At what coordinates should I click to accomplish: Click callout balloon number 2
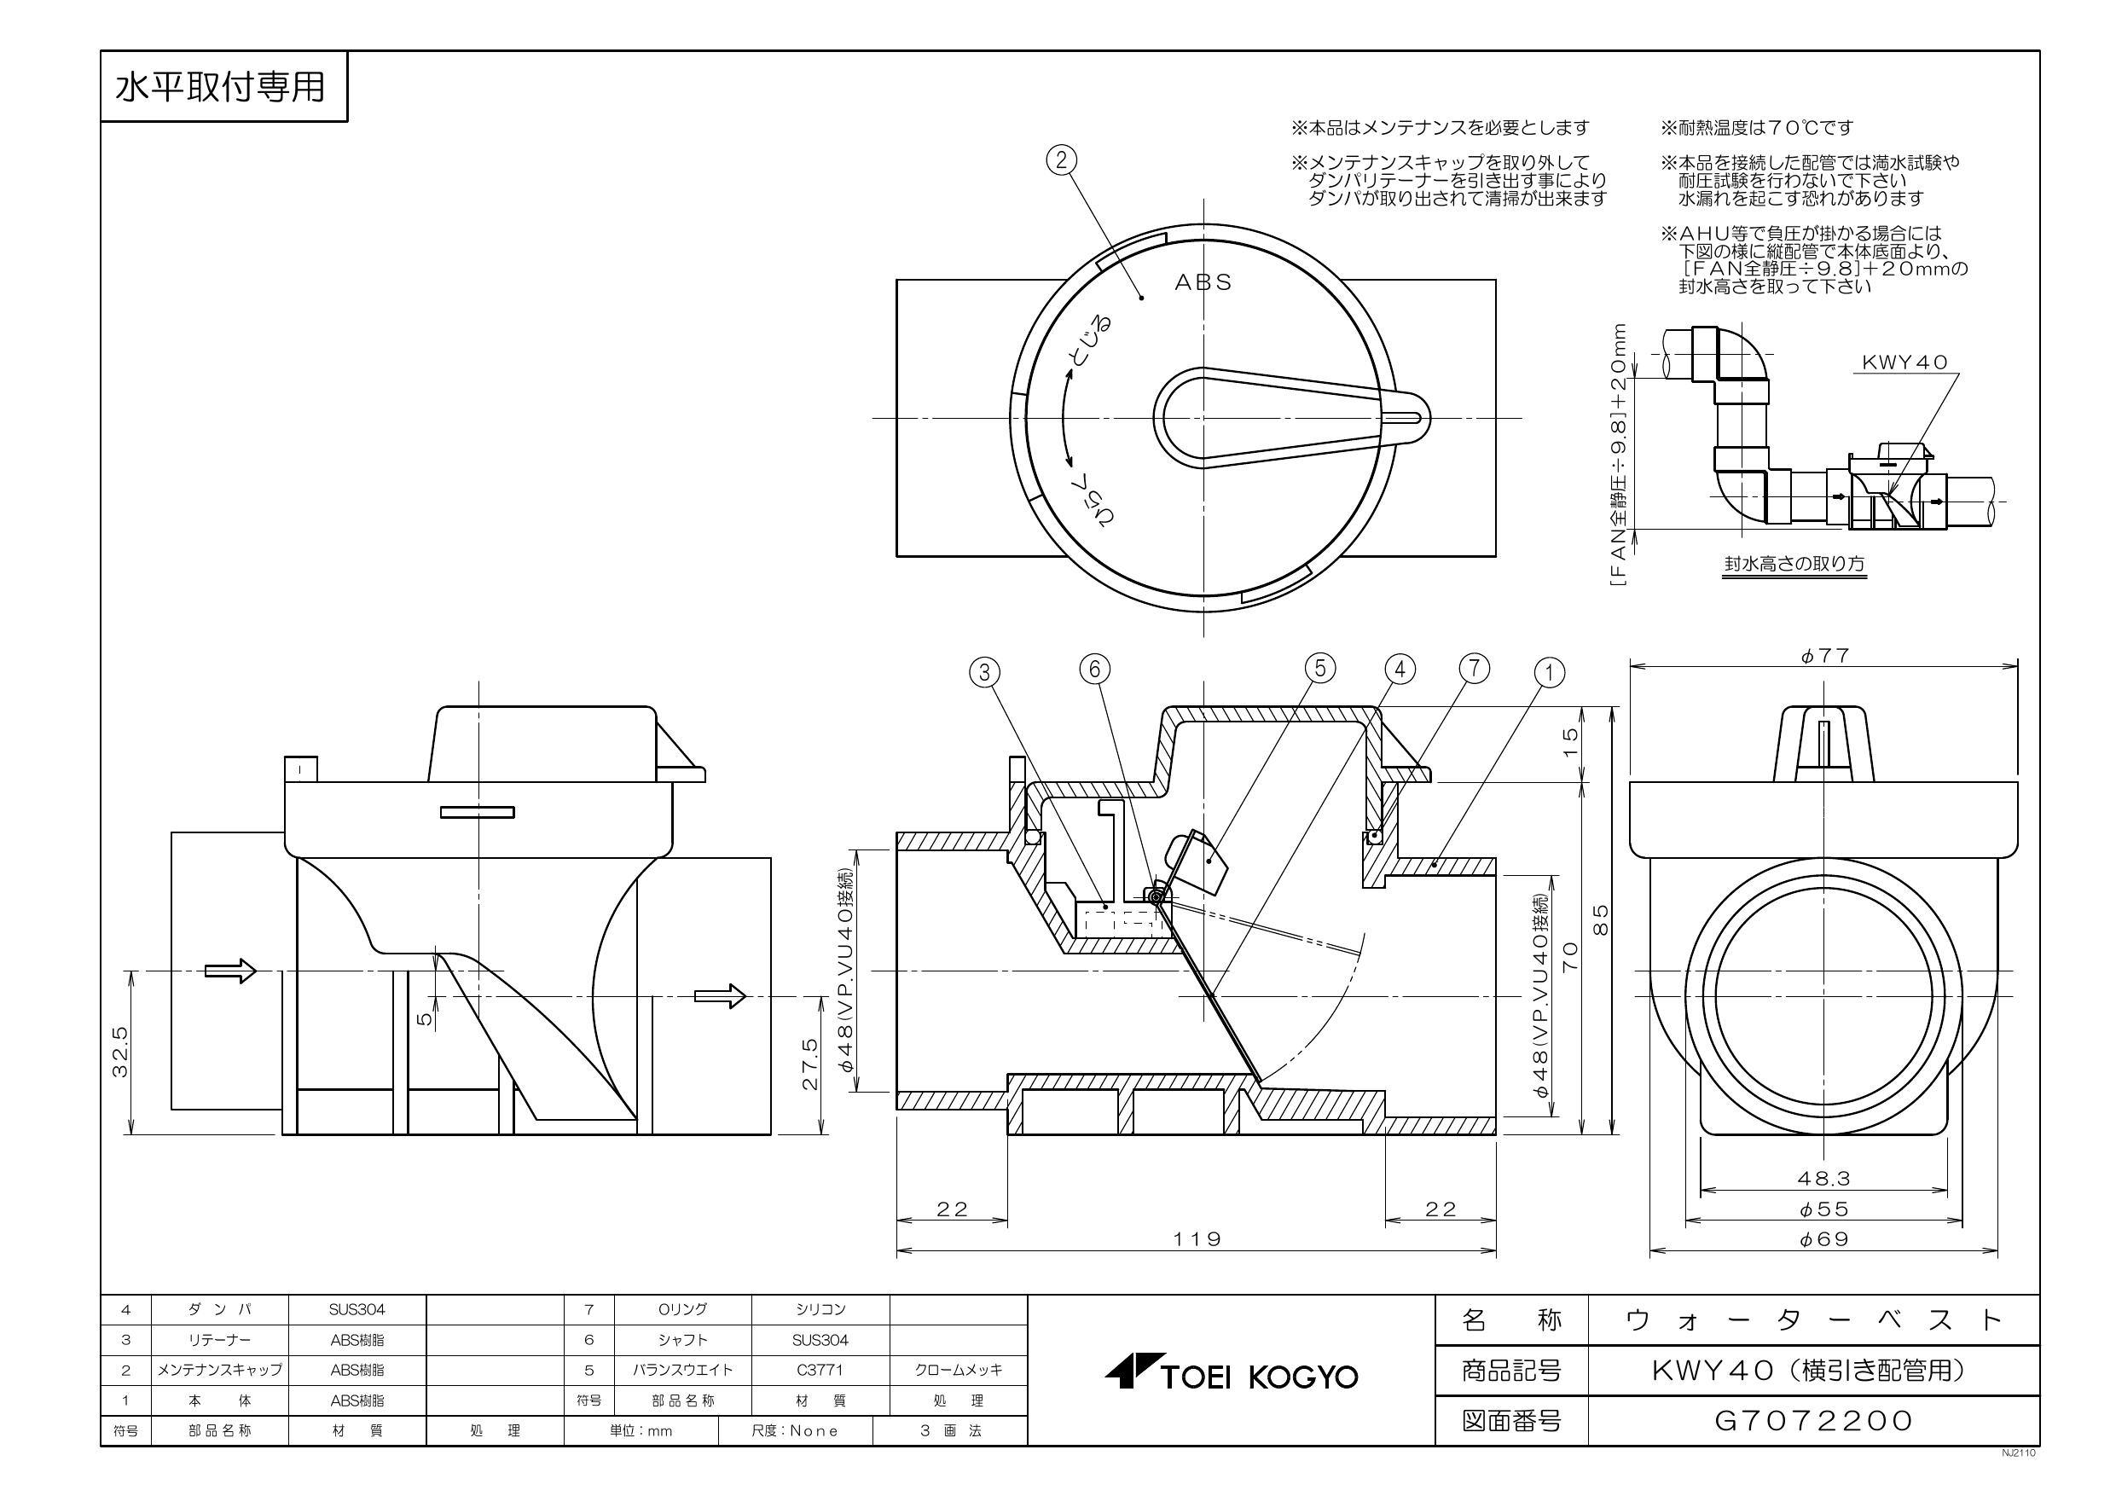pyautogui.click(x=1061, y=160)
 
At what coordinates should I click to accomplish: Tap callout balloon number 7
pyautogui.click(x=1474, y=669)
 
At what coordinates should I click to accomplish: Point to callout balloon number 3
pyautogui.click(x=984, y=672)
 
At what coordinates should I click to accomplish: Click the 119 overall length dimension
pyautogui.click(x=1197, y=1238)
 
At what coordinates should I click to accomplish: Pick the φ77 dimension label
pyautogui.click(x=1823, y=655)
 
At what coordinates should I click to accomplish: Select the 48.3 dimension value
pyautogui.click(x=1823, y=1177)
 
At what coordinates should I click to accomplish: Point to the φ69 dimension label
pyautogui.click(x=1823, y=1238)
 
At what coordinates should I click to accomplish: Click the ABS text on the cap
pyautogui.click(x=1203, y=282)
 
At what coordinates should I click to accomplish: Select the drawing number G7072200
pyautogui.click(x=1812, y=1420)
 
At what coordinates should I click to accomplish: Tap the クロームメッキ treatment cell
pyautogui.click(x=958, y=1370)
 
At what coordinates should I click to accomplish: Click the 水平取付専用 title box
pyautogui.click(x=222, y=87)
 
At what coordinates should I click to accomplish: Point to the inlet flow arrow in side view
pyautogui.click(x=229, y=971)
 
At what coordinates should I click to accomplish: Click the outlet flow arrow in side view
pyautogui.click(x=719, y=995)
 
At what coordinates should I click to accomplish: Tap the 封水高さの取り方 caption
pyautogui.click(x=1795, y=563)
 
